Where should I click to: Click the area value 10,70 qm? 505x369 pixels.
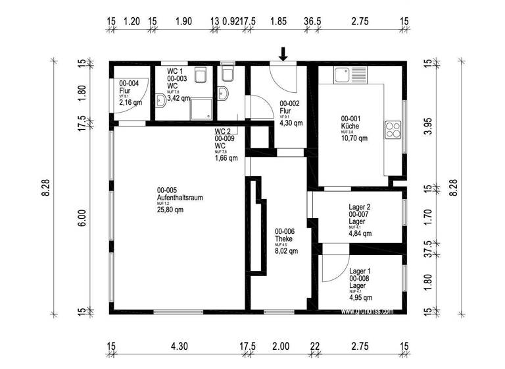coord(354,138)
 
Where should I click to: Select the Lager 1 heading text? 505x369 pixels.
coord(360,271)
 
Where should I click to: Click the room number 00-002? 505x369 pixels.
coord(290,104)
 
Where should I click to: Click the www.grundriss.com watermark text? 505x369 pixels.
coord(367,311)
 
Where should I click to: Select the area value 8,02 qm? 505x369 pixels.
coord(287,251)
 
